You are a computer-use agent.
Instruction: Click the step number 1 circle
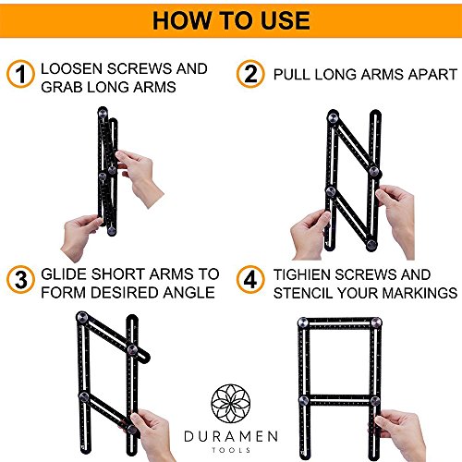point(20,74)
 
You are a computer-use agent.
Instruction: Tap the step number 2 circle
point(250,74)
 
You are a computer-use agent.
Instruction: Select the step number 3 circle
point(20,280)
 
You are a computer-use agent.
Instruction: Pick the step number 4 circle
point(250,280)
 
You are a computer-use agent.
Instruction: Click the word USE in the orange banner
point(286,20)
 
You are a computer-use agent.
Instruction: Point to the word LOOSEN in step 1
point(71,68)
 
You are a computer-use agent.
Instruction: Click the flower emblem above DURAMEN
point(231,404)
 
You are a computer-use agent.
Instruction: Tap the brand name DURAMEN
point(231,436)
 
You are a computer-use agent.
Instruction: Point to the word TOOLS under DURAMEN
point(231,450)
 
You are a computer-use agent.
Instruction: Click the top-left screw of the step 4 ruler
point(303,322)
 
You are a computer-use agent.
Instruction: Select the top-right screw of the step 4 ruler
point(376,322)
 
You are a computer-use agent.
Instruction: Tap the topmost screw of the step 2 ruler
point(334,117)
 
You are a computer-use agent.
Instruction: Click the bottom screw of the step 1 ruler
point(112,230)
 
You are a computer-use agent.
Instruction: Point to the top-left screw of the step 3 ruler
point(82,317)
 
